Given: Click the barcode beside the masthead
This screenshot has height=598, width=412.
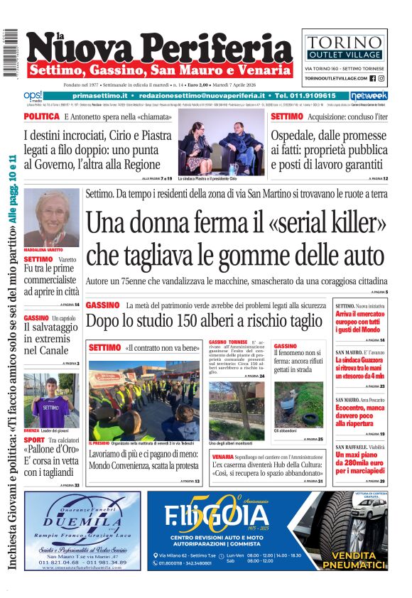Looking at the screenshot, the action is pos(10,53).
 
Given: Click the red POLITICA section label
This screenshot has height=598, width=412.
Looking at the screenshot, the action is pos(41,116).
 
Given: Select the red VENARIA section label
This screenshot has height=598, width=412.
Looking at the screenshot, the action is pos(222,456).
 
